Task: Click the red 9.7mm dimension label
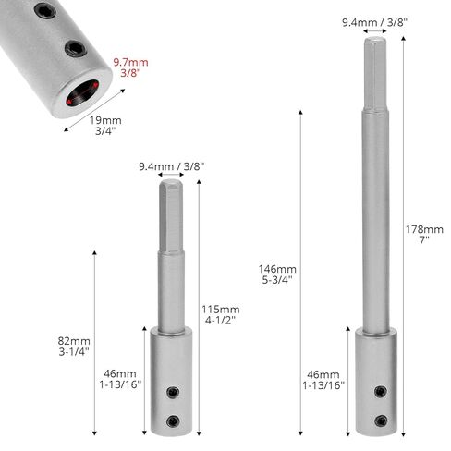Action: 130,67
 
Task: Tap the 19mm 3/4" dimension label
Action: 105,126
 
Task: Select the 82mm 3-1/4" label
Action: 74,347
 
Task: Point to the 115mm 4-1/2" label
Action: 221,314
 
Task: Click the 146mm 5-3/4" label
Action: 277,274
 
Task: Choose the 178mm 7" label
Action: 424,235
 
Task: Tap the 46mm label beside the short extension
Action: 120,379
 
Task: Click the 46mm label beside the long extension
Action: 323,380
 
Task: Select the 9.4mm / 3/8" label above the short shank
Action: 172,166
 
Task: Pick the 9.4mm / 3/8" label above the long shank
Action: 375,22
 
